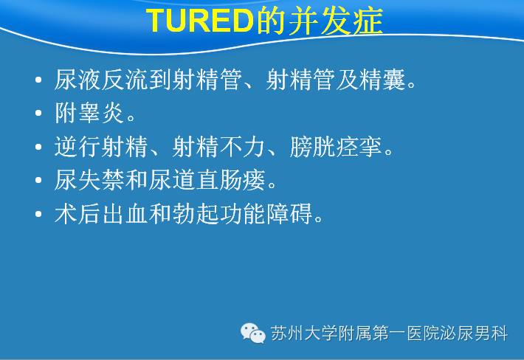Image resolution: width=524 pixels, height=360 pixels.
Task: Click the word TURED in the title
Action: click(x=200, y=21)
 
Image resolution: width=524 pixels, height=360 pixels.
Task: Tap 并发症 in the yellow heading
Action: click(x=335, y=21)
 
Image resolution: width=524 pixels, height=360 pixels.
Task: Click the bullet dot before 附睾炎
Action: click(x=38, y=113)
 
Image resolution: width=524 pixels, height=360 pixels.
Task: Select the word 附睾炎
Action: click(x=89, y=113)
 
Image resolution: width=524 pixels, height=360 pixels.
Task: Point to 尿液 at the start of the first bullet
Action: click(x=77, y=80)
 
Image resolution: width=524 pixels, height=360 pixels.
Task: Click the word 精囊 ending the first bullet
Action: click(x=382, y=80)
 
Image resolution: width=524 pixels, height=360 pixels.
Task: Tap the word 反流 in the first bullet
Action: click(x=125, y=80)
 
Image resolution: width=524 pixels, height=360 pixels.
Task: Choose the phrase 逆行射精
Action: click(x=101, y=147)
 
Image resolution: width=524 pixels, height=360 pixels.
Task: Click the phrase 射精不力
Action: click(x=219, y=147)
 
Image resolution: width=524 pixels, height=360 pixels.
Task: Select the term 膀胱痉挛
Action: click(x=337, y=147)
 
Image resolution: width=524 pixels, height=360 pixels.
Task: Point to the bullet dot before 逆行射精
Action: click(x=38, y=147)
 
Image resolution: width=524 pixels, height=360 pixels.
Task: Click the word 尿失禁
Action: click(x=89, y=180)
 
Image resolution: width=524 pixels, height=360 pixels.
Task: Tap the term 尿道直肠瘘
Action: click(x=207, y=180)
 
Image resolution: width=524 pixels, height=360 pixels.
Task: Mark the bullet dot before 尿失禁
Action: click(x=38, y=180)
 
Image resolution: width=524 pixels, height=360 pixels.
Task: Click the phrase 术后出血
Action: click(x=101, y=213)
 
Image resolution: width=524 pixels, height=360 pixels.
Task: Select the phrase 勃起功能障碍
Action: click(x=242, y=213)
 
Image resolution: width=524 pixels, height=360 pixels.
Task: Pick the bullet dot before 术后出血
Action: click(x=38, y=213)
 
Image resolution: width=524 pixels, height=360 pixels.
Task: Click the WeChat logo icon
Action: click(x=253, y=333)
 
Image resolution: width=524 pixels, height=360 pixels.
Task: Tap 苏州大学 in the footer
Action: click(x=304, y=333)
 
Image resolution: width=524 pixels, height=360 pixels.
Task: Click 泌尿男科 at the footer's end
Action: click(x=474, y=333)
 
